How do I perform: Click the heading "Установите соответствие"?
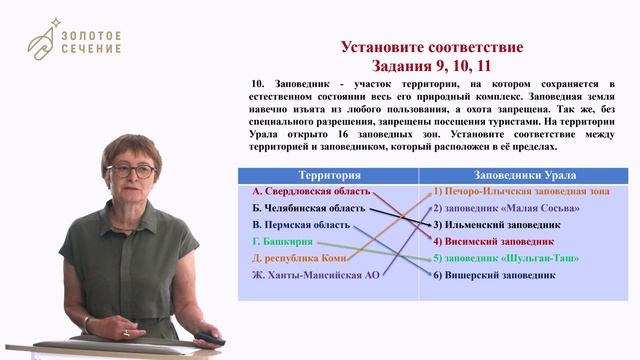[x=431, y=48]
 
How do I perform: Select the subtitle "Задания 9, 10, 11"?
[x=431, y=66]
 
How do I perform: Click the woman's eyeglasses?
[x=130, y=171]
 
